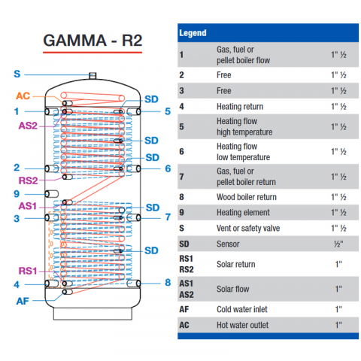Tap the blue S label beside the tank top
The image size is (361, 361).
click(x=17, y=74)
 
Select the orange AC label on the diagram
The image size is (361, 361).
click(x=24, y=96)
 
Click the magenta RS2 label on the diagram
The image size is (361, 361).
click(x=27, y=180)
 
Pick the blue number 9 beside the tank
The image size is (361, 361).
click(x=17, y=193)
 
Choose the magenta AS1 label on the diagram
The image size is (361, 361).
click(x=27, y=206)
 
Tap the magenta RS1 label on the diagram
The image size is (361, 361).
click(x=27, y=271)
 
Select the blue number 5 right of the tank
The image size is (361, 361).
click(x=168, y=111)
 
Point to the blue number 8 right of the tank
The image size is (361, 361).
click(x=168, y=283)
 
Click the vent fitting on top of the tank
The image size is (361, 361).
click(x=92, y=74)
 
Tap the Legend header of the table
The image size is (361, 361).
click(x=193, y=34)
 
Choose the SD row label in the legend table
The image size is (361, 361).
click(x=185, y=244)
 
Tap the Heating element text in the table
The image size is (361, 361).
click(x=242, y=213)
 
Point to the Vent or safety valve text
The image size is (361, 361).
click(x=248, y=228)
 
